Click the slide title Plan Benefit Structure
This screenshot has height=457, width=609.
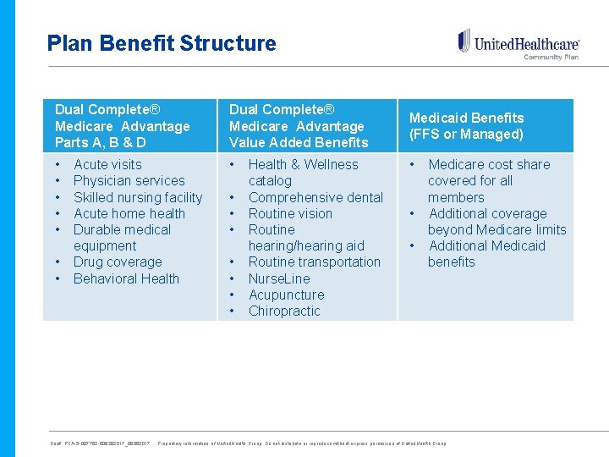click(162, 43)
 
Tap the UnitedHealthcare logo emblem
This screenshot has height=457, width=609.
click(464, 41)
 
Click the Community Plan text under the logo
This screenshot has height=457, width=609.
click(551, 58)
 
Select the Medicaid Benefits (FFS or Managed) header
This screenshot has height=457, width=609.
click(466, 126)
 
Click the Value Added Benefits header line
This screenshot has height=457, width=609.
click(299, 142)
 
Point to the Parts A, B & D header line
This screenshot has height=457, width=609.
click(100, 142)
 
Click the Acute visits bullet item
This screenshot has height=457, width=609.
click(107, 164)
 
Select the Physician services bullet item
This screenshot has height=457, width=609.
click(129, 180)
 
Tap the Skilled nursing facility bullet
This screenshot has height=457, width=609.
click(138, 197)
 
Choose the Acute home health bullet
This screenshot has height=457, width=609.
click(129, 213)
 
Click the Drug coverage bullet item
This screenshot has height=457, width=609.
click(118, 262)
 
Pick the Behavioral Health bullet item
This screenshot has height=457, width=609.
click(126, 278)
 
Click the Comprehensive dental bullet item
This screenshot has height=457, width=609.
click(315, 197)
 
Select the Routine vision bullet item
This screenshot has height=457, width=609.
click(290, 213)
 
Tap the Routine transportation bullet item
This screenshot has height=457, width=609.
click(314, 262)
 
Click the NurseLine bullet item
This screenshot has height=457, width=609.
click(279, 278)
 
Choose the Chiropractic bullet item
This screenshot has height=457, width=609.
click(284, 311)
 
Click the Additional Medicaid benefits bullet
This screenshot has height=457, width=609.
click(486, 254)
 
